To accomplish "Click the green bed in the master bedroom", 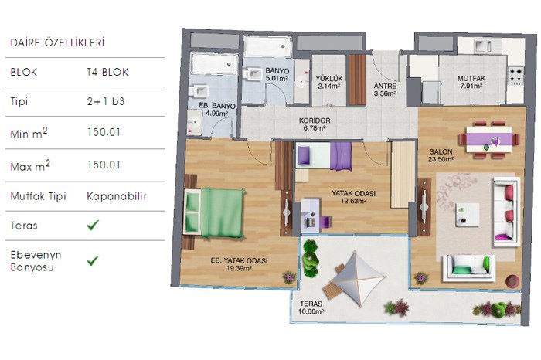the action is point(214,213).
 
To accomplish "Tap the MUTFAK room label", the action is point(471,79).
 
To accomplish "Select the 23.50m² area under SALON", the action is point(441,159).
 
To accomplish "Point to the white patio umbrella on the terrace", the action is point(358,279).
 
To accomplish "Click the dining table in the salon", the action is point(489,140).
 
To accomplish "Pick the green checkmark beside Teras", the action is point(93,225).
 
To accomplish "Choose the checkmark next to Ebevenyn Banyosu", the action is point(93,260).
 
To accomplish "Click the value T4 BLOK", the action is point(107,72).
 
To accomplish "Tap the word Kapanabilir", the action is point(117,196).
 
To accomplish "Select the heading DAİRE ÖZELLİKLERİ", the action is point(57,42).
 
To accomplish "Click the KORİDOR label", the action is point(315,121).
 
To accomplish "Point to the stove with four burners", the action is point(516,76).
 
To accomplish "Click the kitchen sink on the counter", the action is point(484,46).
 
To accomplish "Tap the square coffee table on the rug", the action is point(468,215).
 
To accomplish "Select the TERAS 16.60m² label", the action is point(311,307).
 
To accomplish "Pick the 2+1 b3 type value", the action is point(106,101).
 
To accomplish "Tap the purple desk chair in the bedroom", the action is point(325,222).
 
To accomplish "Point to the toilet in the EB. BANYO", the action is point(198,91).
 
